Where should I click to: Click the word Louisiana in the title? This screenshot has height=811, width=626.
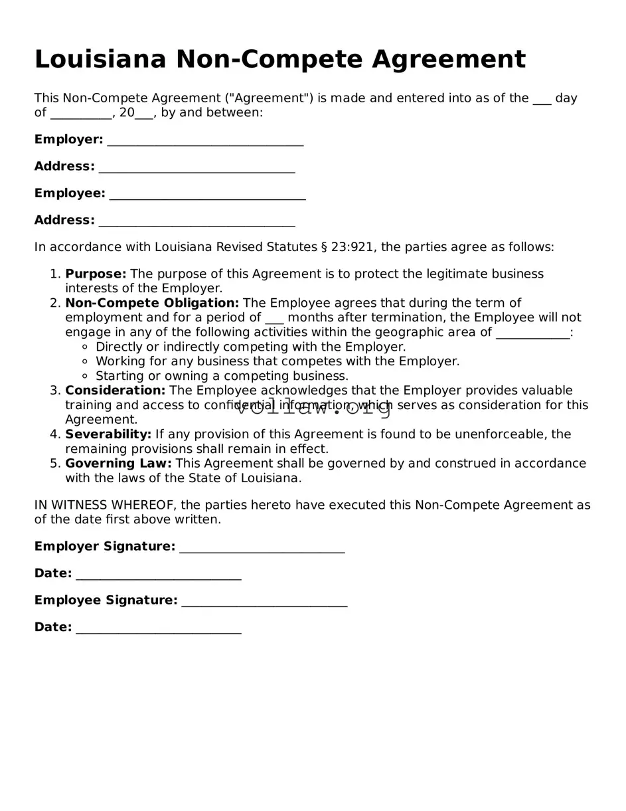(100, 60)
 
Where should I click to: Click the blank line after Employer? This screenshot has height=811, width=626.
(205, 141)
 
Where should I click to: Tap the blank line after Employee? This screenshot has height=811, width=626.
(207, 195)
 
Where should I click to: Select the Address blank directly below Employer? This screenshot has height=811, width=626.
(196, 168)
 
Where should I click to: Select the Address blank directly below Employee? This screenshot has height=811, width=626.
(196, 221)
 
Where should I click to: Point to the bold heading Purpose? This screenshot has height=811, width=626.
(96, 274)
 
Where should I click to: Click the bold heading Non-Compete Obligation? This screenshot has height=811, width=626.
(152, 304)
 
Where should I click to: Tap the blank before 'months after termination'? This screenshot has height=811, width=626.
(274, 319)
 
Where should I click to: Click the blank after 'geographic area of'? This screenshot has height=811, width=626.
(532, 333)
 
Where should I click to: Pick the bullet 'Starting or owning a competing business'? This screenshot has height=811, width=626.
(222, 377)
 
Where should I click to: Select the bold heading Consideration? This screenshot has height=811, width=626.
(115, 391)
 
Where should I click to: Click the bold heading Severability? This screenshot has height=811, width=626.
(108, 434)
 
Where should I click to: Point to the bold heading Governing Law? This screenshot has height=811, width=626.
(118, 464)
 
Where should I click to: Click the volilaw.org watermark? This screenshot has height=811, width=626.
(313, 407)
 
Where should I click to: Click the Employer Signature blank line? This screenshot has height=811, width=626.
(262, 548)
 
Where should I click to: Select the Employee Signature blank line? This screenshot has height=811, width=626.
(264, 602)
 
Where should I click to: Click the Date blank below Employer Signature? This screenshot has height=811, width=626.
(158, 575)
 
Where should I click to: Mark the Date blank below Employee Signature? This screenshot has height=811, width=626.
(158, 628)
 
